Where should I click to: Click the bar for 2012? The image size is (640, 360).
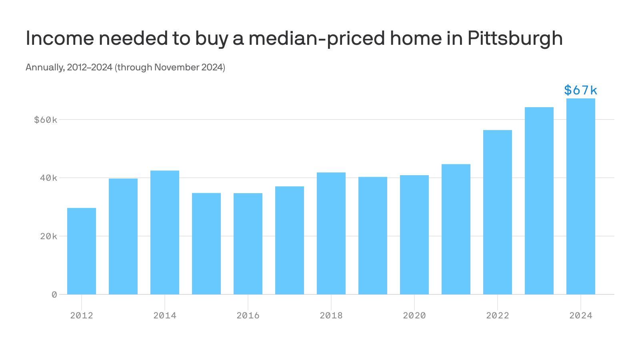82,251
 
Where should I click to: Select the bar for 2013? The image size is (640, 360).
123,236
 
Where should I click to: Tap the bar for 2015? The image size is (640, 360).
206,244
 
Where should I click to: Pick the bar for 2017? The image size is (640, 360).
290,240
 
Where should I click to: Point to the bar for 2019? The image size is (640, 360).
373,236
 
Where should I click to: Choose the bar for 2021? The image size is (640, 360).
456,229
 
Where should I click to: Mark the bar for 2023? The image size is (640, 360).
539,201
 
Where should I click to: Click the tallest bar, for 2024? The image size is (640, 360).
581,196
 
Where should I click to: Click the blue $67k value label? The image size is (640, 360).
580,90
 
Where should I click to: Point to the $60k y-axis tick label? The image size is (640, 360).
46,120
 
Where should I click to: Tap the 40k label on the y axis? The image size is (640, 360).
48,178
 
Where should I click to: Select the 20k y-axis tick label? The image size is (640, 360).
48,236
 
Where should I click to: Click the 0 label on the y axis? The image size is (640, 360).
54,294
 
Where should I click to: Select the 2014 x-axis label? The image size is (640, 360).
165,315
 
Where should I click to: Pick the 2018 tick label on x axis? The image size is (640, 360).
331,315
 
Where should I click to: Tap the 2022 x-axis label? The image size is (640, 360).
498,315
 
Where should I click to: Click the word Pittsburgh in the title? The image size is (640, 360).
515,38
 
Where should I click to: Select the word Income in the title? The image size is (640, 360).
60,38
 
